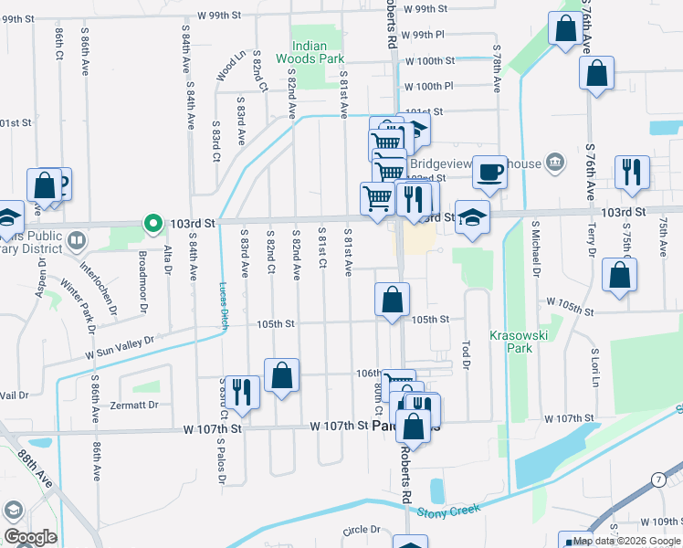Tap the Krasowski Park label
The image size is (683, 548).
pos(510,342)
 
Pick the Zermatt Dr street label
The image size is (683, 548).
pos(134,405)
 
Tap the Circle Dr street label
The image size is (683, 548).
pos(361,530)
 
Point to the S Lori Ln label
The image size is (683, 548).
pos(594,364)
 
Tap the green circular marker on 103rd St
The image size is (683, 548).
pos(151,222)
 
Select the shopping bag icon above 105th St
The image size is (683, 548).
pos(392,299)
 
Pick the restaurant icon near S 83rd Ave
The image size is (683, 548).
pos(242,390)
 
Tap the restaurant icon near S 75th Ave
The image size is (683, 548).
pos(631,171)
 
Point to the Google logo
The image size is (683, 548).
pos(29,537)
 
